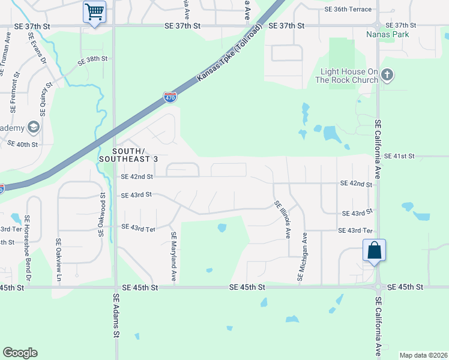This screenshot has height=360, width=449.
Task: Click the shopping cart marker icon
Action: pyautogui.click(x=94, y=11)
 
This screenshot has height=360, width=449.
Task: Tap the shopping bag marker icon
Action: pyautogui.click(x=374, y=250)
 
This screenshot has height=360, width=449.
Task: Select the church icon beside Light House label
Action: pyautogui.click(x=387, y=75)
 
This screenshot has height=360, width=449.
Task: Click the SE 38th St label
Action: pyautogui.click(x=92, y=59)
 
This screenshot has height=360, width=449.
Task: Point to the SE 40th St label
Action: pyautogui.click(x=22, y=144)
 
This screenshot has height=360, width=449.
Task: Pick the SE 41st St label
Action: pyautogui.click(x=400, y=156)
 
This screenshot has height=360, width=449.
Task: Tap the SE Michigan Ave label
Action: pyautogui.click(x=302, y=257)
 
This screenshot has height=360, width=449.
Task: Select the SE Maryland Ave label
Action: pyautogui.click(x=173, y=257)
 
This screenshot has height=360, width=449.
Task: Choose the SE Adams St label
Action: pyautogui.click(x=116, y=324)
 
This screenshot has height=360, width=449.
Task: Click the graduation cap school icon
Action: pyautogui.click(x=33, y=127)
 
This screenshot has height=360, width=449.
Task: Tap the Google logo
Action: pyautogui.click(x=20, y=353)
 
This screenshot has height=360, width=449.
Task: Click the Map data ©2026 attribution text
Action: pyautogui.click(x=423, y=355)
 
